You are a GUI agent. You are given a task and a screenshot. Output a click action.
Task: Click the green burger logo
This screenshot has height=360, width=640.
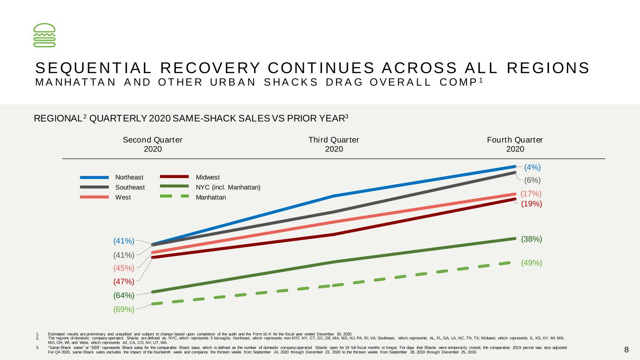pyautogui.click(x=45, y=35)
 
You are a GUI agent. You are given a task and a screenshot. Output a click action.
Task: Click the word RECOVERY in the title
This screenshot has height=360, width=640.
pyautogui.click(x=210, y=68)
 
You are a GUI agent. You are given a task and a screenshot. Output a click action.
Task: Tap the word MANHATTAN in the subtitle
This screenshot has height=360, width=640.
pyautogui.click(x=75, y=82)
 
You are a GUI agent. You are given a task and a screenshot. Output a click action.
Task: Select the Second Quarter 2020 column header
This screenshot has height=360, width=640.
pyautogui.click(x=152, y=144)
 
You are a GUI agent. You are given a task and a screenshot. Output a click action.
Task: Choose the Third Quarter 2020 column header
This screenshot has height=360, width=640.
pyautogui.click(x=334, y=144)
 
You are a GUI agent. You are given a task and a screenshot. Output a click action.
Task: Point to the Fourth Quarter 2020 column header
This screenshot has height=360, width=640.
pyautogui.click(x=515, y=144)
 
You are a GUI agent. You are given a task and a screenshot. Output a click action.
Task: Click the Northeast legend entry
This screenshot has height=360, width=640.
pyautogui.click(x=112, y=177)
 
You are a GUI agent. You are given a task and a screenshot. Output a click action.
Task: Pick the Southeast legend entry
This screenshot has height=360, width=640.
pyautogui.click(x=112, y=187)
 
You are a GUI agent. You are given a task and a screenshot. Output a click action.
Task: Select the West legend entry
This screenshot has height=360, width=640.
pyautogui.click(x=105, y=197)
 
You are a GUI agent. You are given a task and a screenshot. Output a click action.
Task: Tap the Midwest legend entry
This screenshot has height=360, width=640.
pyautogui.click(x=190, y=177)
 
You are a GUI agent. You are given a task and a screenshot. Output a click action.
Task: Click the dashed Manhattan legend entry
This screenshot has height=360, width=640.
pyautogui.click(x=193, y=197)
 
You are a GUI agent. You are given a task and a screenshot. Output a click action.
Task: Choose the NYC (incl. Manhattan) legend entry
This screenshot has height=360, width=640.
pyautogui.click(x=210, y=187)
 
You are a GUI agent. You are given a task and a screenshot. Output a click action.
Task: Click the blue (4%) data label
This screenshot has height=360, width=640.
pyautogui.click(x=532, y=167)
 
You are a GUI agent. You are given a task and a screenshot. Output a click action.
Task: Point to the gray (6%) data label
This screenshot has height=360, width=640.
pyautogui.click(x=532, y=180)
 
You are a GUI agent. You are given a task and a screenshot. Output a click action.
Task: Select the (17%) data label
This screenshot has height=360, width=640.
pyautogui.click(x=531, y=194)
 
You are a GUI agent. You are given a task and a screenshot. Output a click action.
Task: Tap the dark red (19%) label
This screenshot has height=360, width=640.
pyautogui.click(x=531, y=204)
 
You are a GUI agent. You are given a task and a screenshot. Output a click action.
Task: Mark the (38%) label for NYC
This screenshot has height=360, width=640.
pyautogui.click(x=531, y=239)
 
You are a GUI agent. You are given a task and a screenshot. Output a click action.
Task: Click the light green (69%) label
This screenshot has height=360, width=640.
pyautogui.click(x=124, y=309)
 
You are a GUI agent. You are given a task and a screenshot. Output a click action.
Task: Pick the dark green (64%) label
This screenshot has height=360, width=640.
pyautogui.click(x=124, y=295)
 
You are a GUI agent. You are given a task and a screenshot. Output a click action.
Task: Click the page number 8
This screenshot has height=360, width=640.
pyautogui.click(x=626, y=350)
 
